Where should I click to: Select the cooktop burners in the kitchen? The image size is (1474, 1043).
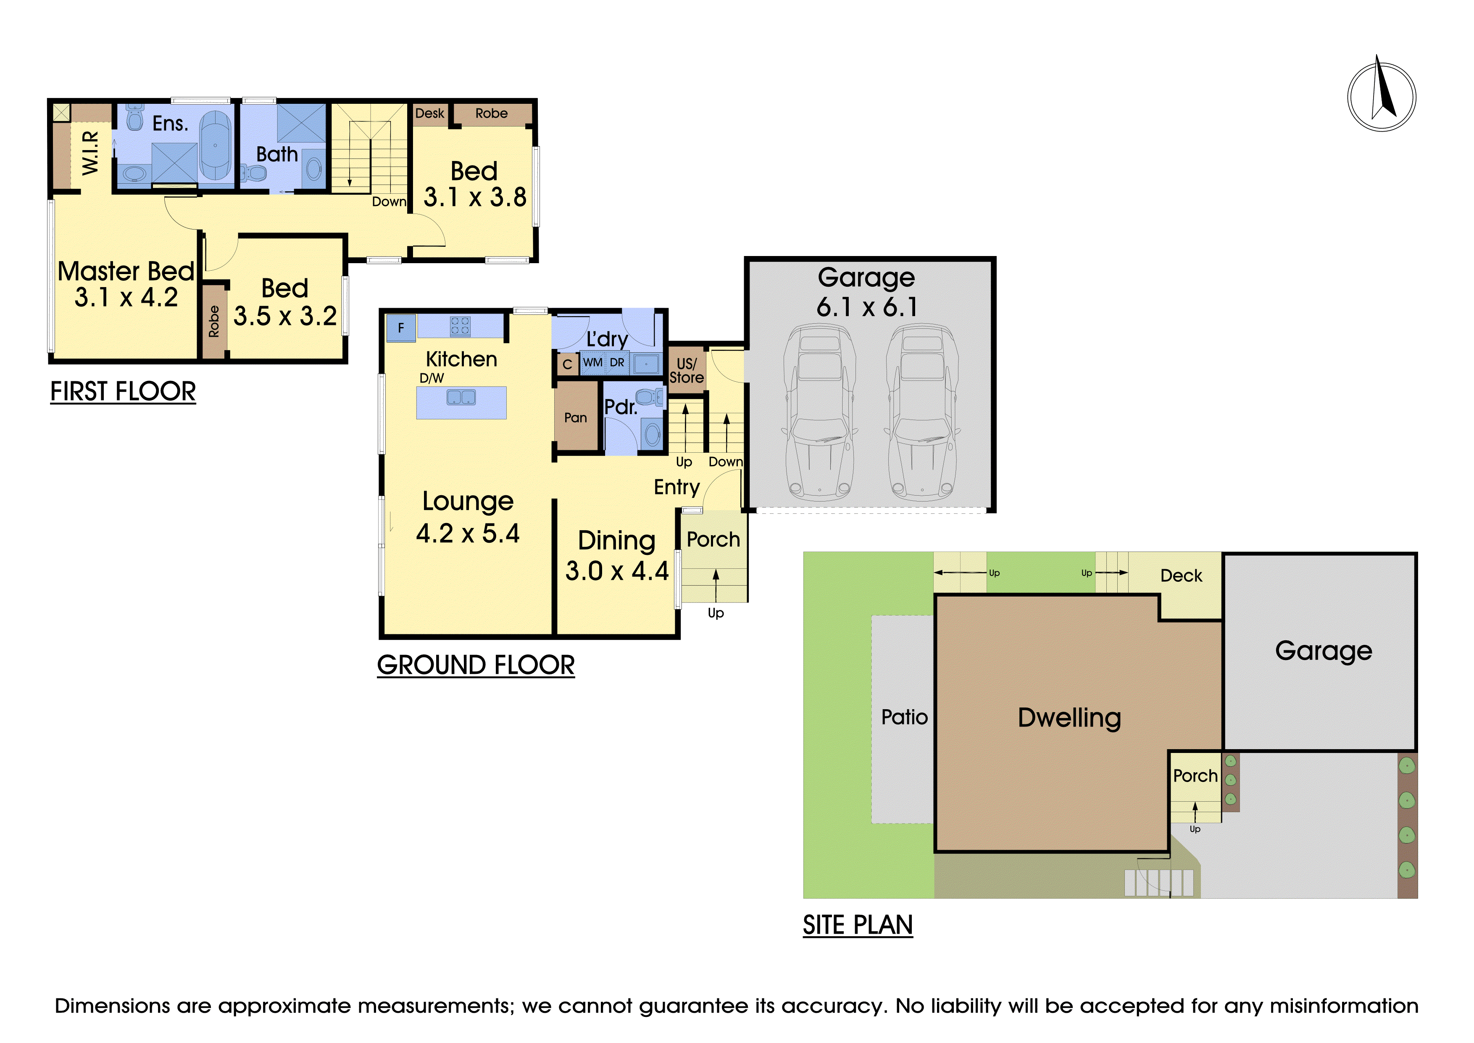[x=460, y=326]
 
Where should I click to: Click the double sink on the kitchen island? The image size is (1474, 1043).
[x=461, y=398]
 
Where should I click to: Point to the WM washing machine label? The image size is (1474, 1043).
[x=592, y=362]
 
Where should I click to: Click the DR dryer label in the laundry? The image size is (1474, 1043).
[x=617, y=362]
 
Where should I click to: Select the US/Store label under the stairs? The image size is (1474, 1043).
[x=686, y=370]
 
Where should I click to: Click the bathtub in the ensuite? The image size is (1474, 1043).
[x=215, y=145]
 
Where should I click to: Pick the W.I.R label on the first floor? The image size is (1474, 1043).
[x=90, y=153]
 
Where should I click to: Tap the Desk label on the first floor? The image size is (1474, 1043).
[x=429, y=113]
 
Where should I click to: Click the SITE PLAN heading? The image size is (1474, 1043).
[x=858, y=925]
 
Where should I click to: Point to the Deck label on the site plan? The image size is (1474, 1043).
[x=1181, y=576]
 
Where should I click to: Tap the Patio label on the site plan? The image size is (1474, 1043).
[x=905, y=717]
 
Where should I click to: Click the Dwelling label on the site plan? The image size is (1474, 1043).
[x=1069, y=718]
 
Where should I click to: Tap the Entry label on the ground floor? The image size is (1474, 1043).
[x=676, y=488]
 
